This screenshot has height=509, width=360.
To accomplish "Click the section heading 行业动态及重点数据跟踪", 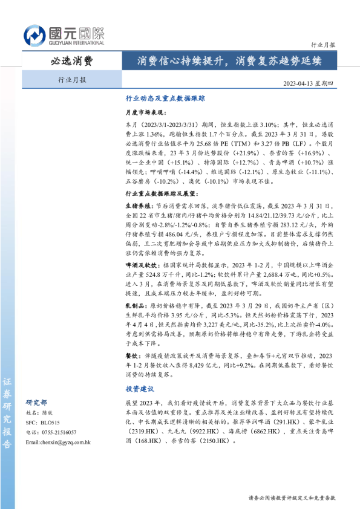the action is click(165, 97).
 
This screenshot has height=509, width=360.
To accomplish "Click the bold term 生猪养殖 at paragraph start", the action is click(138, 206).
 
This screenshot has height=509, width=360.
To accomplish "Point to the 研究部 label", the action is click(36, 402).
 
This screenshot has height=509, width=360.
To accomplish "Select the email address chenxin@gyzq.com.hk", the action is click(58, 442).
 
